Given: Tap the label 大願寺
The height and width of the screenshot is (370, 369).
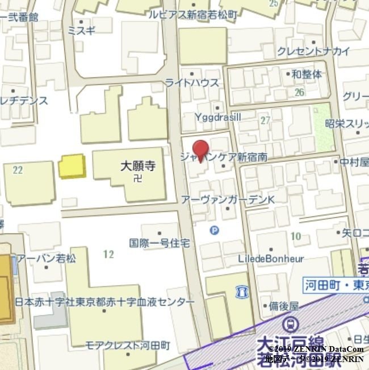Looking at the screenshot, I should tap(138, 166).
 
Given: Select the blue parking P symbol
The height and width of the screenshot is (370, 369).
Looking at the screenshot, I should tap(214, 230).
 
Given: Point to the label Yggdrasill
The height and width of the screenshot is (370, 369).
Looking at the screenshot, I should tap(217, 117).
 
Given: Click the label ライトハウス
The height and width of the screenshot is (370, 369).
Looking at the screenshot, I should tap(192, 83).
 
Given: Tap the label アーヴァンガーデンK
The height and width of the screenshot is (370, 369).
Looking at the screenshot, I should tap(228, 199).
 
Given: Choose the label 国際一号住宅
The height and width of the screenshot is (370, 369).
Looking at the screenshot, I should tap(160, 243).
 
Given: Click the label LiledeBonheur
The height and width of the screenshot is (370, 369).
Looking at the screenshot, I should tap(271, 258).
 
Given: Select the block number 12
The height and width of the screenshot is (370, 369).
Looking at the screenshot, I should tap(108, 253).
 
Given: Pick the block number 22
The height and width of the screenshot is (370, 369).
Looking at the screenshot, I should tap(18, 169).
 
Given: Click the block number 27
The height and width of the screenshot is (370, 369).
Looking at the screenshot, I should tap(265, 120).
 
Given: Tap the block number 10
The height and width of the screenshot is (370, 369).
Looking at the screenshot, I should tap(295, 236).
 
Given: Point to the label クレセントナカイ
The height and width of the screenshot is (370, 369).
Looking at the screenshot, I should tap(313, 51).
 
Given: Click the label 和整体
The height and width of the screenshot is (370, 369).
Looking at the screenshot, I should tap(307, 74).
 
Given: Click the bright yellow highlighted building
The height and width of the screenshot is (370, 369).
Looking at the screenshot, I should tap(72, 167).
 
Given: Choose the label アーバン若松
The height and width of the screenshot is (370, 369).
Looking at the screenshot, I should tap(46, 259).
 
